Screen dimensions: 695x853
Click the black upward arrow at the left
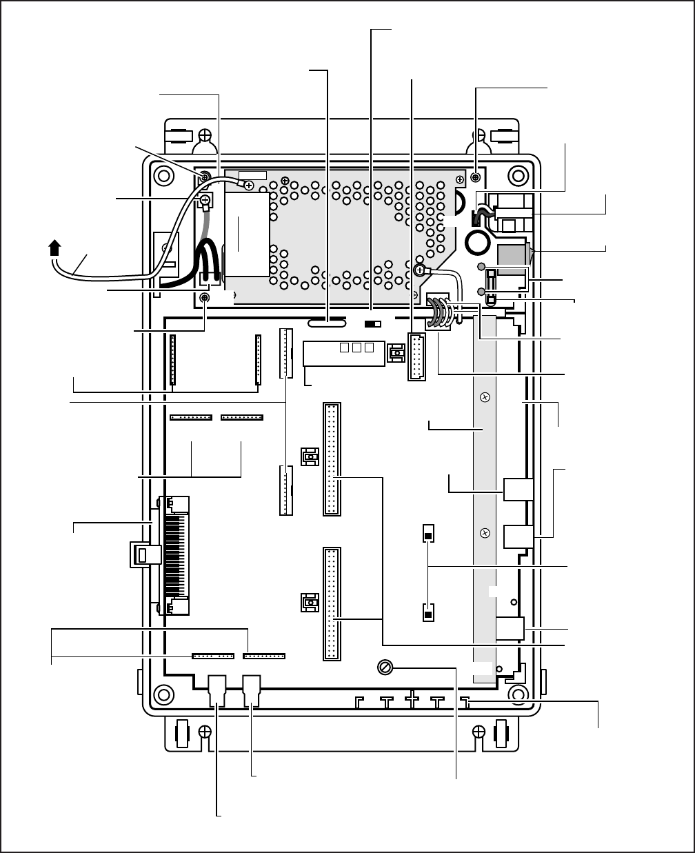click(56, 247)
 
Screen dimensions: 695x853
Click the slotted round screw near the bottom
click(385, 668)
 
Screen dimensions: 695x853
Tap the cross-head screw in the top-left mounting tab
click(205, 134)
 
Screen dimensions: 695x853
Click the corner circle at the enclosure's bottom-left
click(163, 692)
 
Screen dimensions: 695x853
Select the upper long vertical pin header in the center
click(332, 459)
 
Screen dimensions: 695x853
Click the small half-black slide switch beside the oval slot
click(373, 323)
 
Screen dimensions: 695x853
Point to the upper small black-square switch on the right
click(428, 534)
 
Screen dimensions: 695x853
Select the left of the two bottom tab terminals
click(217, 690)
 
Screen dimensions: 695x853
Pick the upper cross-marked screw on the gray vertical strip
click(485, 398)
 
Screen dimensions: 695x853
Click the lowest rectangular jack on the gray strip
click(515, 629)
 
